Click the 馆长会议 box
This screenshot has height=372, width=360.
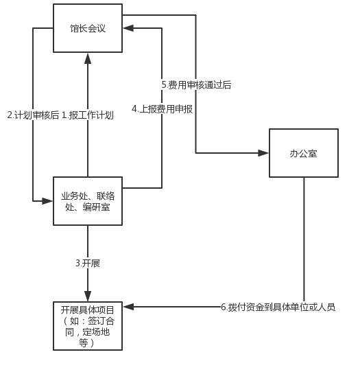point(88,28)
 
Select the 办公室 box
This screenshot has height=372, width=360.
point(304,153)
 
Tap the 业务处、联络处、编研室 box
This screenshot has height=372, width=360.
point(88,201)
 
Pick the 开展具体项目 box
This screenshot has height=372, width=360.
point(88,326)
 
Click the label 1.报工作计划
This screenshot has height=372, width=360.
point(88,115)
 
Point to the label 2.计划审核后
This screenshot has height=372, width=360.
point(33,115)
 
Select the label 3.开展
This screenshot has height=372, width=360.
point(88,264)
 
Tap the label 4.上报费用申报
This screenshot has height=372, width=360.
point(162,109)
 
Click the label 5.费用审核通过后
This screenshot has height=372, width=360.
point(196,85)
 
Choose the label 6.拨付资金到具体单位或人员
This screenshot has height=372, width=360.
point(278,307)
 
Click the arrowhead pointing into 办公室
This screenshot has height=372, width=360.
point(263,153)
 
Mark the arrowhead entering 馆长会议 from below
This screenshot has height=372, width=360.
point(88,58)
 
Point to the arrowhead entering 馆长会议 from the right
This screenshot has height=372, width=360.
point(129,28)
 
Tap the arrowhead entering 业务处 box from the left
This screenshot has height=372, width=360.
point(47,201)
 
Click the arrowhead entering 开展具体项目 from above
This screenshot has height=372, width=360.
point(88,296)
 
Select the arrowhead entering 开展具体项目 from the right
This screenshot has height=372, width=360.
point(129,307)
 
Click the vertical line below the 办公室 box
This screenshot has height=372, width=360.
point(304,240)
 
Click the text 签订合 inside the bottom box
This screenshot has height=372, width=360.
point(101,321)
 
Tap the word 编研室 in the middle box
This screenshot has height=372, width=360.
point(97,207)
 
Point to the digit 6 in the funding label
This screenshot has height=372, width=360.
point(224,307)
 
